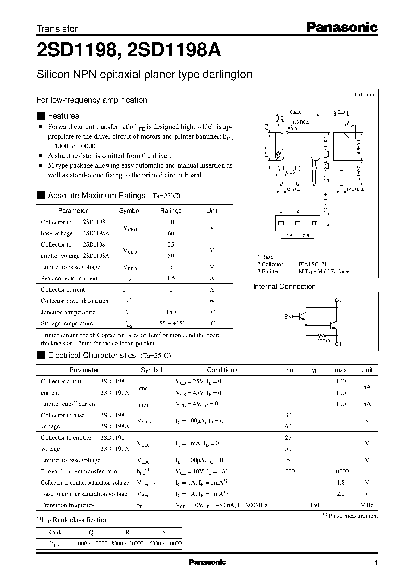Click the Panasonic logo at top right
pos(342,27)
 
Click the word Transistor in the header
pos(57,29)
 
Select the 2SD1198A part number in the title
pos(174,50)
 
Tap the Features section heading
pos(63,116)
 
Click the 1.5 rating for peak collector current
pos(171,279)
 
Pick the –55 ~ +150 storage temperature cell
pos(171,323)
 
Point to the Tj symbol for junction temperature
pos(125,312)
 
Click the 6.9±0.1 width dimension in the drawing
pos(297,112)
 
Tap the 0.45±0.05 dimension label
pos(355,189)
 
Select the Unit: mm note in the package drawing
pos(363,94)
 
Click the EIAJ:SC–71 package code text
pos(313,264)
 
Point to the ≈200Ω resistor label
pos(321,341)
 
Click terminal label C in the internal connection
pos(342,300)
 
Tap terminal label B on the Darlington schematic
pos(286,317)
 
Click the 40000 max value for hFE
pos(340,471)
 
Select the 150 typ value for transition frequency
pos(314,505)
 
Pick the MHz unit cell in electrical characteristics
pos(367,505)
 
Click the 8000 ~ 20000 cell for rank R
pos(127,543)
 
